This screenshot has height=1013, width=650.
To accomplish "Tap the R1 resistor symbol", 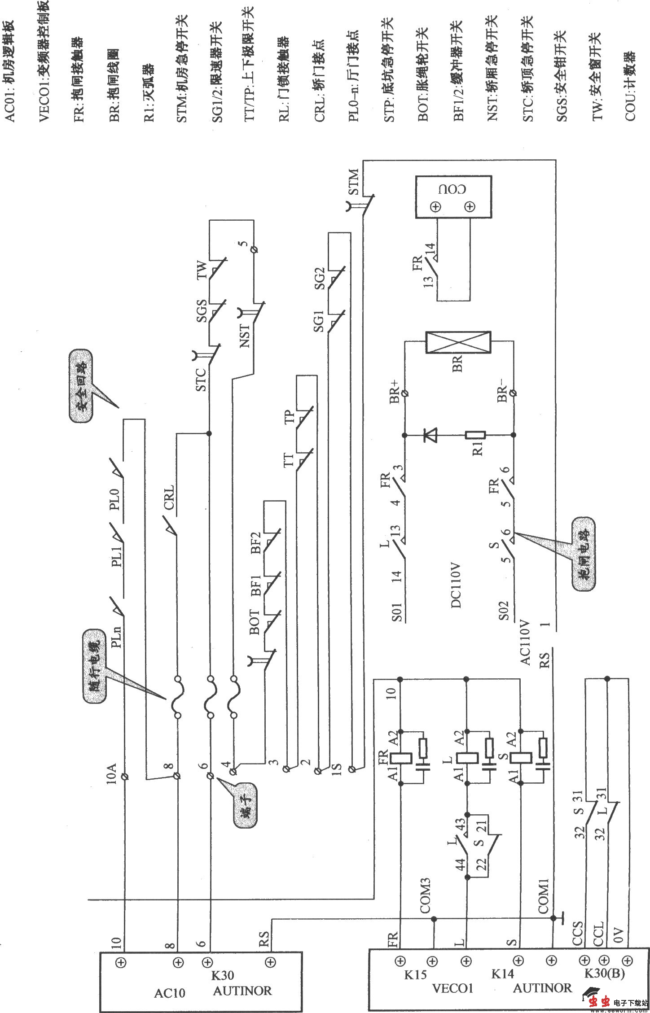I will coord(475,435).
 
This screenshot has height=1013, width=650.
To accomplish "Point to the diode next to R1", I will coord(430,434).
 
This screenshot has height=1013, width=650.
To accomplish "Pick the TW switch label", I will coord(203,270).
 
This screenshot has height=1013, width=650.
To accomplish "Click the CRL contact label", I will coord(169,497).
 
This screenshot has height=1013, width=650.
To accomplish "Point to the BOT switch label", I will coord(254,622).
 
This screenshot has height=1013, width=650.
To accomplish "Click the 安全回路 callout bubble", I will coord(81,386).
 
